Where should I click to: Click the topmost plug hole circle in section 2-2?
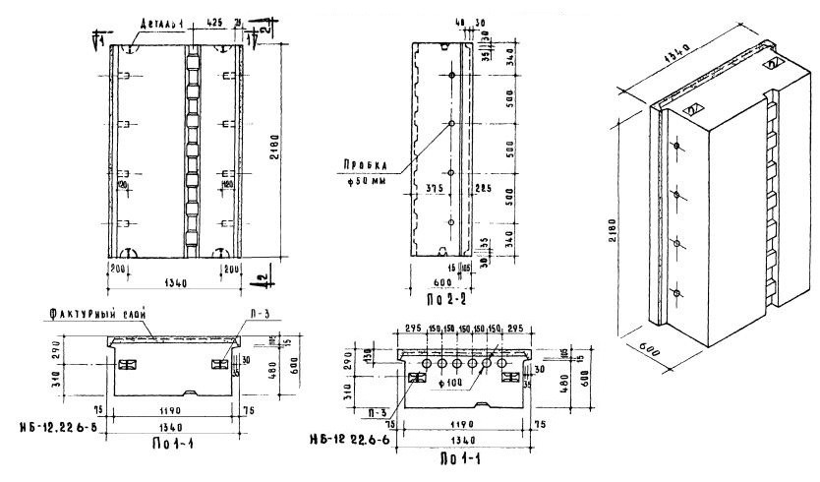(x=451, y=75)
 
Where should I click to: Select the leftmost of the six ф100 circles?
(x=428, y=363)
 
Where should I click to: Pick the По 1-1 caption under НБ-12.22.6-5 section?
(x=171, y=443)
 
